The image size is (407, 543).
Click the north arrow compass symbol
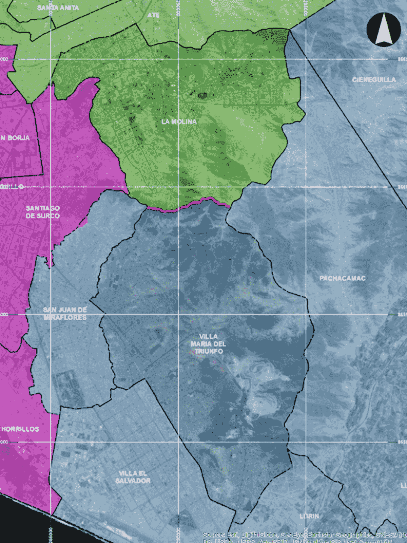point(384,30)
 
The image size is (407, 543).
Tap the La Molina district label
point(179,121)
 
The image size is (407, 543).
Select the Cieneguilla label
point(374,80)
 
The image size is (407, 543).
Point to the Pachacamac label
point(342,278)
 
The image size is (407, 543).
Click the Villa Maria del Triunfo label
point(208,344)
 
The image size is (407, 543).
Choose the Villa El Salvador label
point(133,477)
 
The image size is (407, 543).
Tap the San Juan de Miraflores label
point(65,314)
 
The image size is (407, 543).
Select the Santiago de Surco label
point(43,212)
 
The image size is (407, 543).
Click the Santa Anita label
point(58,8)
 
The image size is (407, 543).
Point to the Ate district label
point(153,15)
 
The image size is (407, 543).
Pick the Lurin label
point(309,516)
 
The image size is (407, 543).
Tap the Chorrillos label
point(20,429)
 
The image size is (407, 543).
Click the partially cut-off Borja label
point(15,138)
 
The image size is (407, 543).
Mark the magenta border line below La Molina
point(190,205)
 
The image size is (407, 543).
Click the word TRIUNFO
point(209,351)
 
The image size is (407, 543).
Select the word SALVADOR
point(133,481)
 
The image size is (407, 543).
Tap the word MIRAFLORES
point(65,318)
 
